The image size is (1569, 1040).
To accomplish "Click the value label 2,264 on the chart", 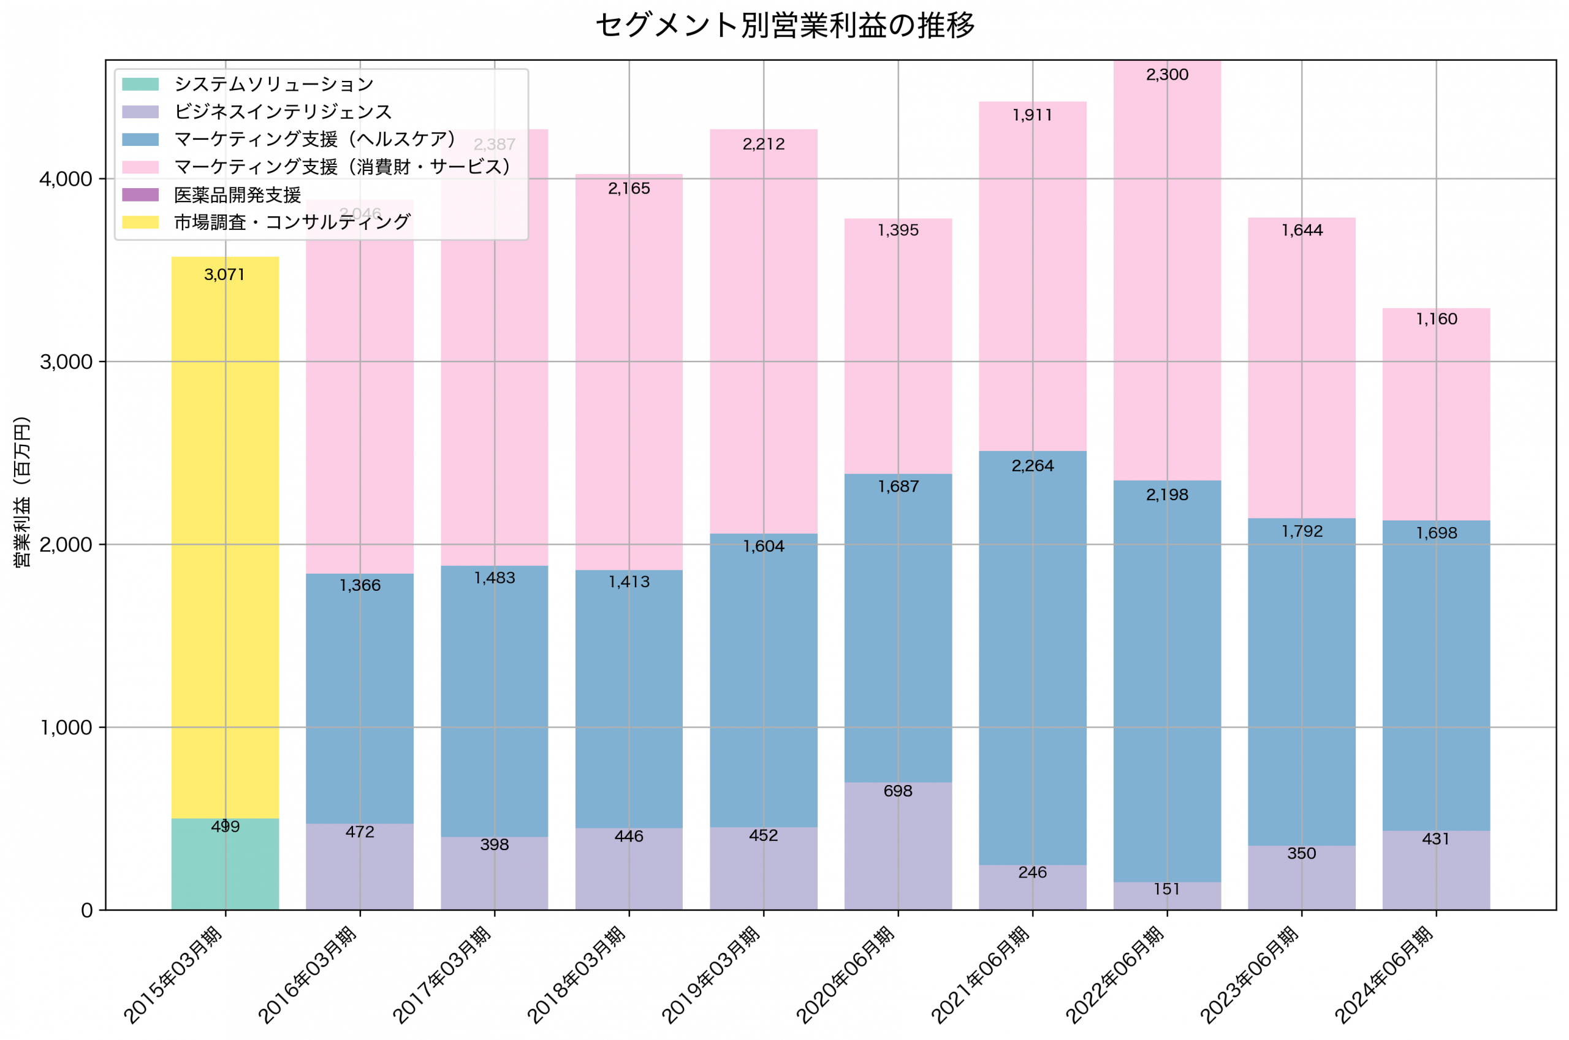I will [1033, 466].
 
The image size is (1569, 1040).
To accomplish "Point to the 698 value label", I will [898, 791].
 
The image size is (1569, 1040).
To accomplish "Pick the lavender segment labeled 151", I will [1167, 896].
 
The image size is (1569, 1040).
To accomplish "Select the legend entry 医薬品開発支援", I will [237, 195].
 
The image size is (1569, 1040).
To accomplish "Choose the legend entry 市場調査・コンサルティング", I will [292, 222].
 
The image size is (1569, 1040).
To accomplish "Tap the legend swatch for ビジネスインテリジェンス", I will [140, 112].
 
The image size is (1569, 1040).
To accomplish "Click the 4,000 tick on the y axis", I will [65, 179].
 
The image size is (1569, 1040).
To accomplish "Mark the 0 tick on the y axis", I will [86, 911].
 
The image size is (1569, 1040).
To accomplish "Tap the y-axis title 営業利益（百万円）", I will [22, 492].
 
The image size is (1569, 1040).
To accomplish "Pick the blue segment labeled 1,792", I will [1302, 683].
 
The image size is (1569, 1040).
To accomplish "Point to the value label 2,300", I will [1167, 75].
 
